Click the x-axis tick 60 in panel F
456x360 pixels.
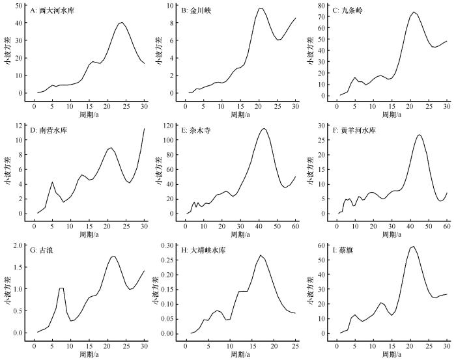[x=446, y=226]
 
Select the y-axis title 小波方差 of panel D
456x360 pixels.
[x=7, y=171]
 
